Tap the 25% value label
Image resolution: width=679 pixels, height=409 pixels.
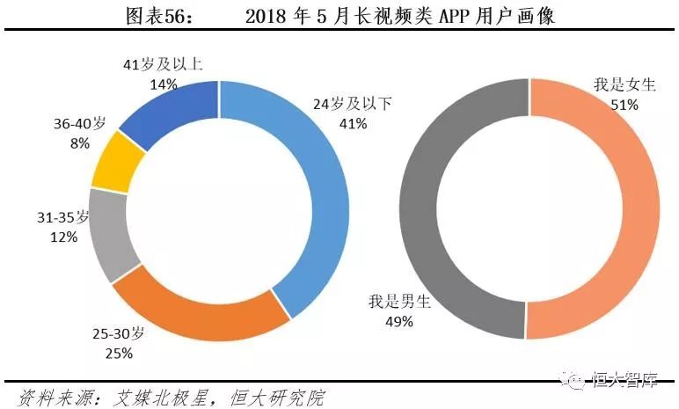pyautogui.click(x=119, y=353)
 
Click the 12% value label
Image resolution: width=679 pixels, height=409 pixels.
pyautogui.click(x=64, y=237)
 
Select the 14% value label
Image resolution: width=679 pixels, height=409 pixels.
pyautogui.click(x=163, y=84)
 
